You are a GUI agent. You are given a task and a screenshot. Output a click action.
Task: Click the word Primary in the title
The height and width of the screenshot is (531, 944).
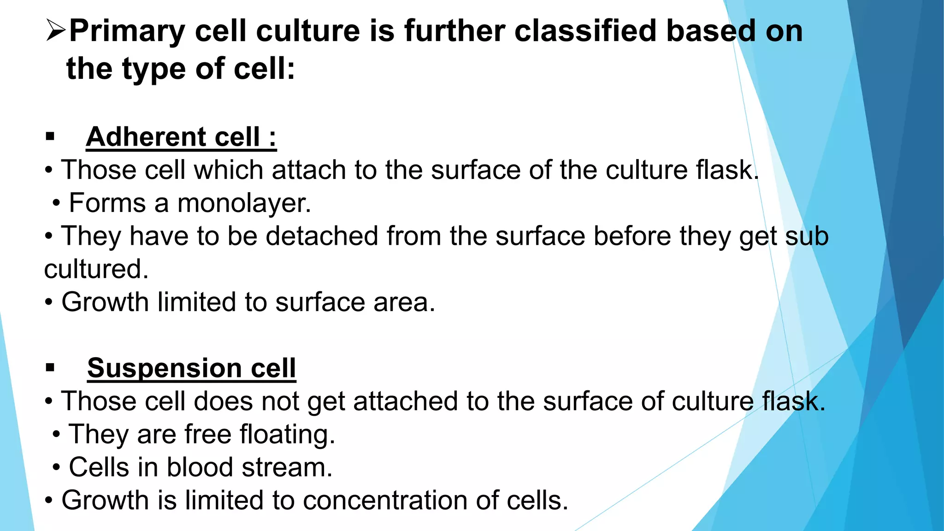(x=127, y=32)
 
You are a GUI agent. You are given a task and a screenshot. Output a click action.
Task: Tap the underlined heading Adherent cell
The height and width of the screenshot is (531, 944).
(x=181, y=137)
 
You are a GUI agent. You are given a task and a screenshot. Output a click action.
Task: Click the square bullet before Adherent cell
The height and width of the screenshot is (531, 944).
(x=50, y=136)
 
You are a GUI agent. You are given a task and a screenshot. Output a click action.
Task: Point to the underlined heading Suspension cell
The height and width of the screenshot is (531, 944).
(x=191, y=368)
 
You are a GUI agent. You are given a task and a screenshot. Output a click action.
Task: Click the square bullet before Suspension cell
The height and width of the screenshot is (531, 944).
(x=50, y=368)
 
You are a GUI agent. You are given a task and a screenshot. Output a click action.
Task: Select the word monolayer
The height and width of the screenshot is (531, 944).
(x=244, y=203)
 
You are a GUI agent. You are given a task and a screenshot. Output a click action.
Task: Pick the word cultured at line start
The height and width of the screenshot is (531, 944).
(x=96, y=269)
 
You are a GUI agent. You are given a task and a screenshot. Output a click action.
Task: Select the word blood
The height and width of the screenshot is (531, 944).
(x=200, y=467)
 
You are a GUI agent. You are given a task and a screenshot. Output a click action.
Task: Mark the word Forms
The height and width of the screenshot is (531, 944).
(x=107, y=203)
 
